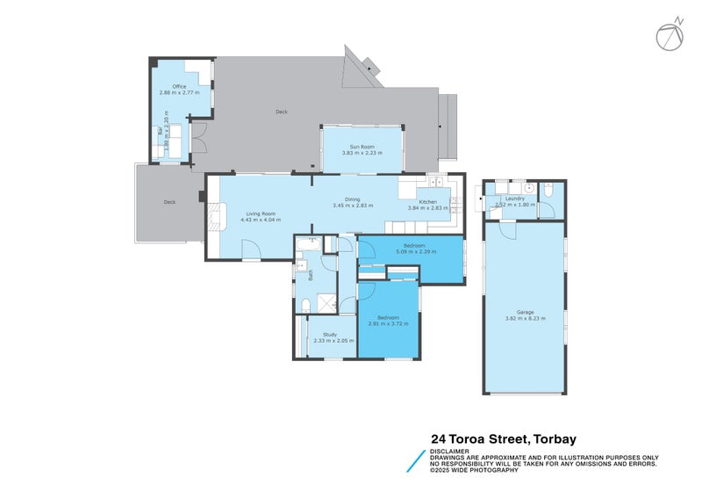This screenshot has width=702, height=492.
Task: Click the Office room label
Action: [x=179, y=86]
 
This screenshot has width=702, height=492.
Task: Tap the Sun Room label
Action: [x=362, y=147]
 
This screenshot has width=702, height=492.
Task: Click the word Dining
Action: [x=352, y=199]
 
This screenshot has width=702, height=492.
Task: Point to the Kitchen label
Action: [x=427, y=202]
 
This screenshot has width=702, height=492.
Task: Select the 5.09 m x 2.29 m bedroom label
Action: [x=414, y=251]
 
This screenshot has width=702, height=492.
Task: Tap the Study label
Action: [x=330, y=334]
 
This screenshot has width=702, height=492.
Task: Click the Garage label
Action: [x=525, y=312]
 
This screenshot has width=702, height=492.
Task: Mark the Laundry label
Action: [x=515, y=199]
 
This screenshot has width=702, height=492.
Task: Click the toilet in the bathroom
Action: [x=304, y=304]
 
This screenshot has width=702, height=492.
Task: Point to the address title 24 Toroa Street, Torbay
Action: [x=503, y=438]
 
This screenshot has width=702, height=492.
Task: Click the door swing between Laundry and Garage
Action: [x=506, y=228]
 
